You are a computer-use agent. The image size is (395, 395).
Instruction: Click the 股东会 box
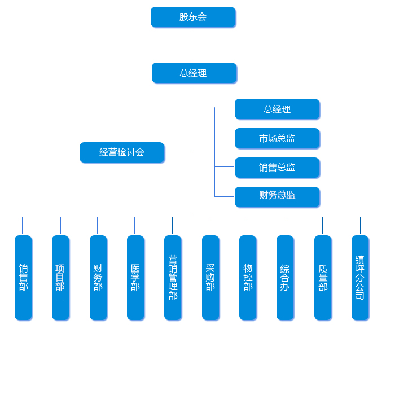coord(193,17)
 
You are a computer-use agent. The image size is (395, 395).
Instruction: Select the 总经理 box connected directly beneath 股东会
coord(194,73)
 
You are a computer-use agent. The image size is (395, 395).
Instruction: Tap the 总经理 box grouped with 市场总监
coord(277,109)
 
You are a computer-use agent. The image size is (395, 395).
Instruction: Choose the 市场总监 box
coord(277,138)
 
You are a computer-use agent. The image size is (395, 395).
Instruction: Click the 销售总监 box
coord(277,168)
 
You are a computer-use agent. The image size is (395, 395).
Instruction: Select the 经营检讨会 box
coord(122,152)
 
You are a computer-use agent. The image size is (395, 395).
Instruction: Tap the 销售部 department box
coord(23,278)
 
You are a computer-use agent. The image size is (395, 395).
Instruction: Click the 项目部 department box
coord(60,278)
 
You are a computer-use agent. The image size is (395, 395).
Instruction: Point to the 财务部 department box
coord(98,278)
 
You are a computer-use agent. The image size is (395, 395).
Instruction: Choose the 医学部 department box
coord(135,278)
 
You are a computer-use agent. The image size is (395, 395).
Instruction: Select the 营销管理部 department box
coord(173,278)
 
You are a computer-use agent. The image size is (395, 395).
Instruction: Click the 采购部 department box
coord(210,278)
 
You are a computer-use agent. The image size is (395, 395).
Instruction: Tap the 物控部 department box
coord(248,278)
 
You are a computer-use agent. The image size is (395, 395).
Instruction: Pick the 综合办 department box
coord(285,278)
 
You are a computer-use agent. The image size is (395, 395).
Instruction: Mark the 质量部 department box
coord(323,278)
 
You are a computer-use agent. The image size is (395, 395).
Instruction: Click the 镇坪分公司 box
coord(360,278)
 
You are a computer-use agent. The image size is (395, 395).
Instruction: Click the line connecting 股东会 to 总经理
coord(191,45)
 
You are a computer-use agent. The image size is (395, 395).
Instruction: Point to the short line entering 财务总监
coord(225,196)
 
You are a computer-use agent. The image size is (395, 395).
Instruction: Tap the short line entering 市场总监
coord(225,138)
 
